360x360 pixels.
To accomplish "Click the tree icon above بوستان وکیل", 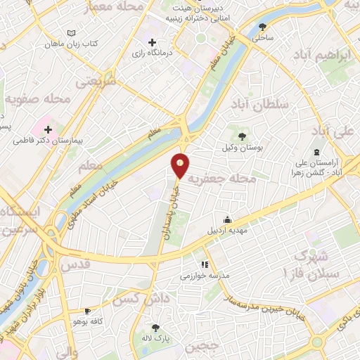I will (242, 136).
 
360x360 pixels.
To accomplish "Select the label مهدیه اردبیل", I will (226, 230).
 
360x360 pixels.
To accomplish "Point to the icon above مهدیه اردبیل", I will (226, 219).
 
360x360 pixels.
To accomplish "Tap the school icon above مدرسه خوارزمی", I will (204, 264).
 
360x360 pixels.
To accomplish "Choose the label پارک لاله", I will (156, 338).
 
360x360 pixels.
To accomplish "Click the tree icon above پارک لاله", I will (156, 328).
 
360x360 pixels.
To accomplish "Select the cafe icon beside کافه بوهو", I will (87, 311).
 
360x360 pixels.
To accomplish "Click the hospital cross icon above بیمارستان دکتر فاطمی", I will (49, 129).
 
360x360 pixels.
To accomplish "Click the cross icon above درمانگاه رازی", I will (152, 42).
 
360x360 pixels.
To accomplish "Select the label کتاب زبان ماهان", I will (70, 44).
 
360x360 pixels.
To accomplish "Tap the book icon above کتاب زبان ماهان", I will (70, 33).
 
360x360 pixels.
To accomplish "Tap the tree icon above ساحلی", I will (263, 27).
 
